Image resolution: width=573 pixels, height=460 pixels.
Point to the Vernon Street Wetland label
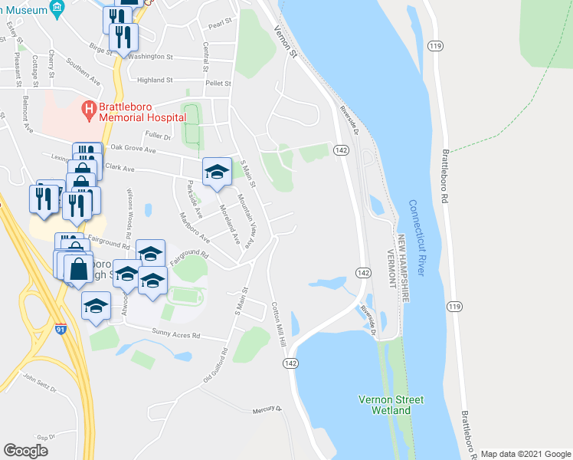coord(391,405)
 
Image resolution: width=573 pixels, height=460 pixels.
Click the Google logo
coord(26,450)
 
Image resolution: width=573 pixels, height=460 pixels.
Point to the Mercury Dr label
coord(268,410)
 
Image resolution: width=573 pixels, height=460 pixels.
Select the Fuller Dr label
coord(157,136)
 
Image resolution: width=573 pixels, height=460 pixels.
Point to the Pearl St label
coord(220,25)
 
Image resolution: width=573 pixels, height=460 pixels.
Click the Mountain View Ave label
coord(249,220)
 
